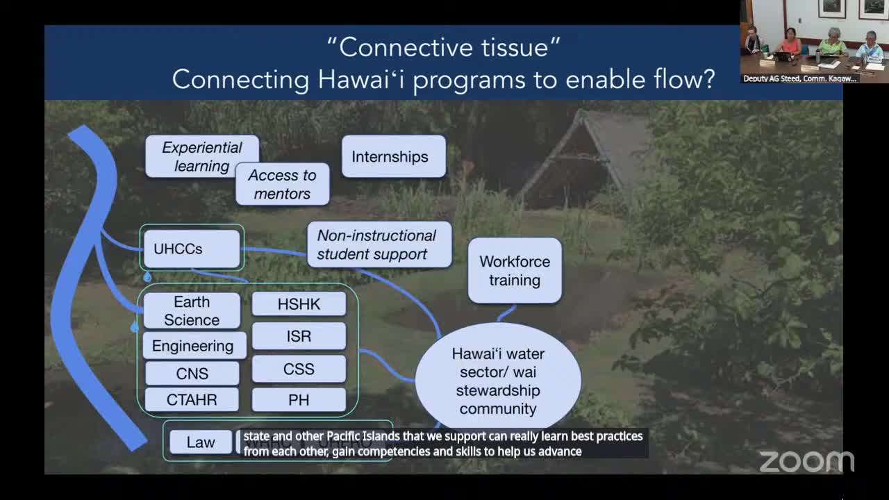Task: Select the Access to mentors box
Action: (x=282, y=185)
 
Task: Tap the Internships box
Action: (x=393, y=156)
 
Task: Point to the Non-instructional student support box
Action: (x=379, y=244)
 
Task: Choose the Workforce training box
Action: (x=515, y=271)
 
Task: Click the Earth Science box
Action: (x=192, y=310)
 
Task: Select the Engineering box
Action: (x=193, y=346)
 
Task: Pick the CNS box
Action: (x=192, y=374)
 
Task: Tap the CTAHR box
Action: (x=192, y=400)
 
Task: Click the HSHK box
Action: (x=299, y=304)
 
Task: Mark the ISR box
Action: (x=299, y=336)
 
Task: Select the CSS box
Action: (x=299, y=369)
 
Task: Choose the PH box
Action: (x=299, y=400)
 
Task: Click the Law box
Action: (x=201, y=442)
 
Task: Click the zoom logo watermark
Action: (x=806, y=461)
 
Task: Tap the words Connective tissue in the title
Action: (x=443, y=47)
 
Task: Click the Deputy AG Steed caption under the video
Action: (x=799, y=78)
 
